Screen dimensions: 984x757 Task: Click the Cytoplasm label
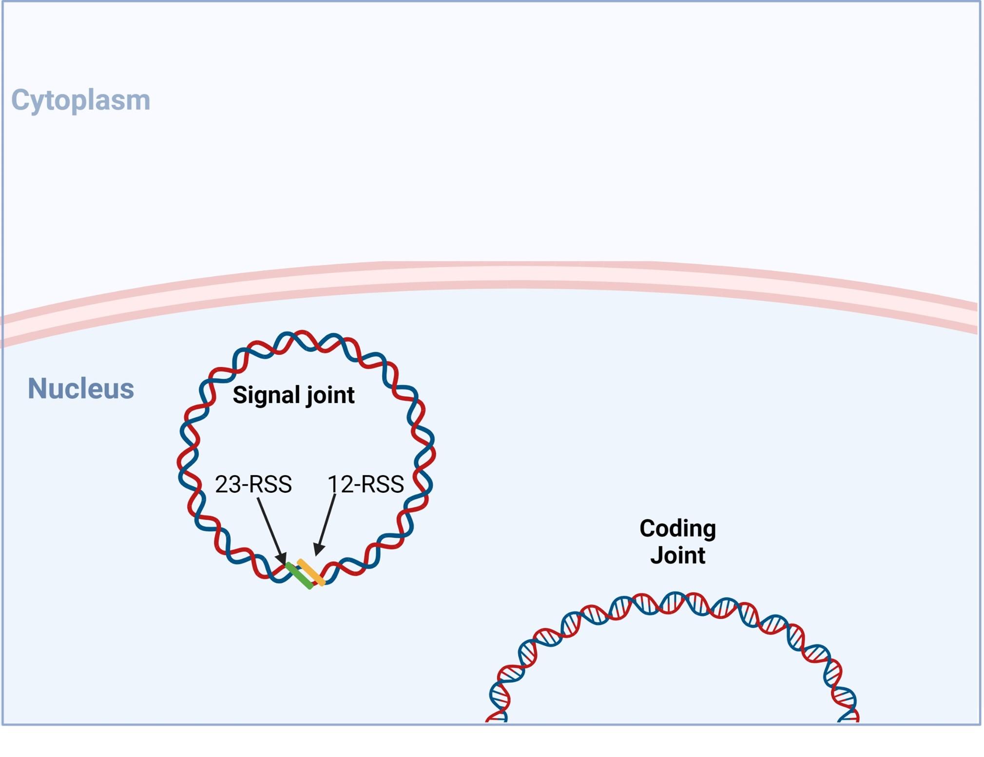tap(80, 100)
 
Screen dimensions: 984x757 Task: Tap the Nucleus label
tap(80, 388)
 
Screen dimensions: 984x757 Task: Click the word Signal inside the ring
tap(266, 395)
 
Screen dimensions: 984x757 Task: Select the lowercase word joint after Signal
tap(330, 395)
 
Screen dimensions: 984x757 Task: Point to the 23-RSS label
tap(253, 484)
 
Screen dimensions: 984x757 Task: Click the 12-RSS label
tap(366, 484)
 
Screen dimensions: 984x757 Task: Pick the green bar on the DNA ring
tap(299, 576)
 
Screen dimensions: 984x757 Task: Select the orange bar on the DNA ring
tap(311, 572)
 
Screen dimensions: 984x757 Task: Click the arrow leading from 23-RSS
tap(271, 532)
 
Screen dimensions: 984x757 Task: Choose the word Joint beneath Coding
tap(677, 555)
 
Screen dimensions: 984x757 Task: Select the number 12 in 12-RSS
tap(340, 484)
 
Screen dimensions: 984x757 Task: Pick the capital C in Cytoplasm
tap(20, 99)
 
